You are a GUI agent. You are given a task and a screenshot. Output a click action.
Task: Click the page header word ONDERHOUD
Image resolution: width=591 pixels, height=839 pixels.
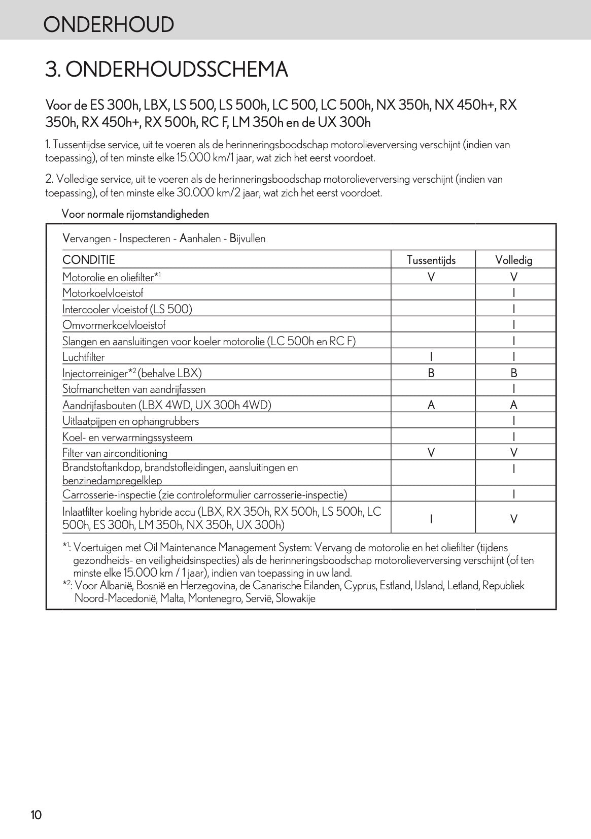click(x=108, y=24)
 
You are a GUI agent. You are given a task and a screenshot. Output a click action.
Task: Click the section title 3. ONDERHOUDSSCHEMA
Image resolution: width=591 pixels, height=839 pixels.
click(x=166, y=70)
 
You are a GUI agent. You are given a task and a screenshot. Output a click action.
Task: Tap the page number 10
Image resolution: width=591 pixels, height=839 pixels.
click(x=36, y=815)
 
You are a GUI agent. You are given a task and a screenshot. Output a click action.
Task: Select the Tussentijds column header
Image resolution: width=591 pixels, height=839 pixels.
click(x=431, y=260)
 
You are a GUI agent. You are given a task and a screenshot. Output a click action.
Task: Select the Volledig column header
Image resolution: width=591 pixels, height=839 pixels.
click(x=514, y=260)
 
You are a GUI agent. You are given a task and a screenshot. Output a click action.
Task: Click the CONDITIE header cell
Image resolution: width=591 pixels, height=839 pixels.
click(x=89, y=260)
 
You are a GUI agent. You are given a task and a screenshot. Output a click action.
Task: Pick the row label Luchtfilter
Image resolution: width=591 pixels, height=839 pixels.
click(x=84, y=357)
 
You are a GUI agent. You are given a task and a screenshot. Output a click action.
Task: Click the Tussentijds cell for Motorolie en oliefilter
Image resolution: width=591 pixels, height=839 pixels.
click(x=431, y=277)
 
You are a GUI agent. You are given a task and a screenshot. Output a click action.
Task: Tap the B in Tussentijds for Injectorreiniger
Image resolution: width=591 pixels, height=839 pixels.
click(x=431, y=373)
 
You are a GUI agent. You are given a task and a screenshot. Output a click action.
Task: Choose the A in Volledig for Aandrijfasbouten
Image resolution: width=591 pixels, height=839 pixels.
click(x=514, y=405)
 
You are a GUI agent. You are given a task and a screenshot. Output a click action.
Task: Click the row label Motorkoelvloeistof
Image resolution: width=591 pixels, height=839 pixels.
click(x=103, y=293)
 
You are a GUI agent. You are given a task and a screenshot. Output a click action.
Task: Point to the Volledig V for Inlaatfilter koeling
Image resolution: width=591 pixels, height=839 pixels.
click(x=514, y=519)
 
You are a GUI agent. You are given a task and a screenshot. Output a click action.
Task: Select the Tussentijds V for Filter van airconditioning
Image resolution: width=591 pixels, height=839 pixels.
click(x=431, y=453)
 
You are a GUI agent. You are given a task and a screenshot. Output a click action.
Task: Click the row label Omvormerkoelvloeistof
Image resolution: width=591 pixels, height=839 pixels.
click(x=114, y=325)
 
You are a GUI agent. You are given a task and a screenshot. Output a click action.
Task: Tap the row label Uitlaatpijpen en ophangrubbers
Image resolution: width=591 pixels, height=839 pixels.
click(x=130, y=421)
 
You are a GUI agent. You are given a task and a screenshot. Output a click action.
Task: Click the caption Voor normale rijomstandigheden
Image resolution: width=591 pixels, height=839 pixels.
click(x=135, y=214)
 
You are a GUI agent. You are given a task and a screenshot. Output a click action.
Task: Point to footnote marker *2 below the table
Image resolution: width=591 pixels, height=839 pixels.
click(x=66, y=585)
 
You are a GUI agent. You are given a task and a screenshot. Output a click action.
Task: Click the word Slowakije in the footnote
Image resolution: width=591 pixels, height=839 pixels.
click(x=295, y=598)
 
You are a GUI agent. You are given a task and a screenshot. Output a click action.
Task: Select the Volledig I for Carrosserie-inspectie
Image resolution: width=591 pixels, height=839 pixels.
click(x=514, y=494)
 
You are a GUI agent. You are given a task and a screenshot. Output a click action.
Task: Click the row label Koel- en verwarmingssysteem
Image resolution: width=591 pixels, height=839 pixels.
click(x=127, y=438)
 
